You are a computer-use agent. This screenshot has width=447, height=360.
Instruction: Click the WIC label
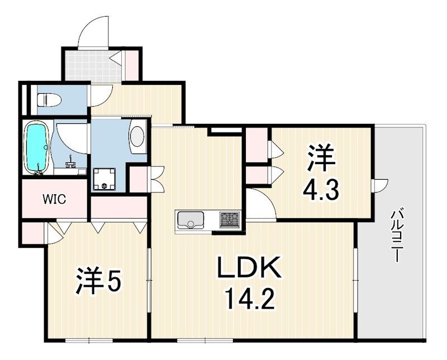[55, 199]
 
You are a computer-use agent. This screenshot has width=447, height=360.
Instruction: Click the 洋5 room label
[98, 281]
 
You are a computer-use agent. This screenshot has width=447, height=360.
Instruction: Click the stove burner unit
[229, 219]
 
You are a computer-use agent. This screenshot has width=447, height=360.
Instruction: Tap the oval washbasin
[137, 136]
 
